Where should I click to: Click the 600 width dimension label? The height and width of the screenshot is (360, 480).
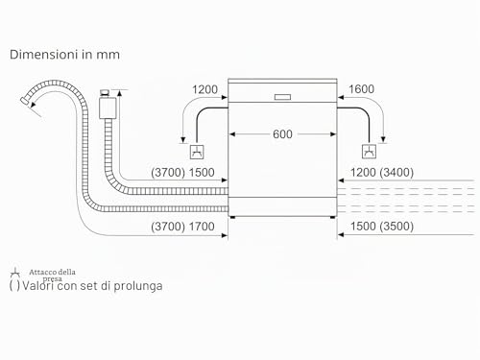282,134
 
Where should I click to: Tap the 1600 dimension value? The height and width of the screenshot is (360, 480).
361,89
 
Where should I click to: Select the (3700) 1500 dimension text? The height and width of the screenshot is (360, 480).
182,173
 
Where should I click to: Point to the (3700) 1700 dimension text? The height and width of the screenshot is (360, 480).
182,227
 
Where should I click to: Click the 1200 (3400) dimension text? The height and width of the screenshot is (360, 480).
382,173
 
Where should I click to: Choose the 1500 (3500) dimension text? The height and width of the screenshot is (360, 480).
382,227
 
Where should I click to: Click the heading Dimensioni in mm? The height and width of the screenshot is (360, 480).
64,55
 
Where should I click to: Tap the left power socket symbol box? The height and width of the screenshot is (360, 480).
197,152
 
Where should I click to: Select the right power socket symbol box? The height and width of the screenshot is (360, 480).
369,152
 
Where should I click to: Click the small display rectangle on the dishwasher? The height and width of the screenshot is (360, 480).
282,97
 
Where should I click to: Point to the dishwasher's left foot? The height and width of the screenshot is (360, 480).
232,217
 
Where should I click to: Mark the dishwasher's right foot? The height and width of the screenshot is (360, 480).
333,217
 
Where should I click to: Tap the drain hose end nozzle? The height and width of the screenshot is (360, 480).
25,100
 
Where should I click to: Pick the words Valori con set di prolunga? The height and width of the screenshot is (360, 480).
92,285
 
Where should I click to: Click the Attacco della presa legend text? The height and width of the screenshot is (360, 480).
52,276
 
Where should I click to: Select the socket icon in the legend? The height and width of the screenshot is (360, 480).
14,273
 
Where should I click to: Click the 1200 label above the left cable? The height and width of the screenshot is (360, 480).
204,89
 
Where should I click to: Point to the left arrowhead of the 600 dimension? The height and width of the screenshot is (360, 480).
232,134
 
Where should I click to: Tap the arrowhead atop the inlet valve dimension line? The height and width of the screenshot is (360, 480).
119,93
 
